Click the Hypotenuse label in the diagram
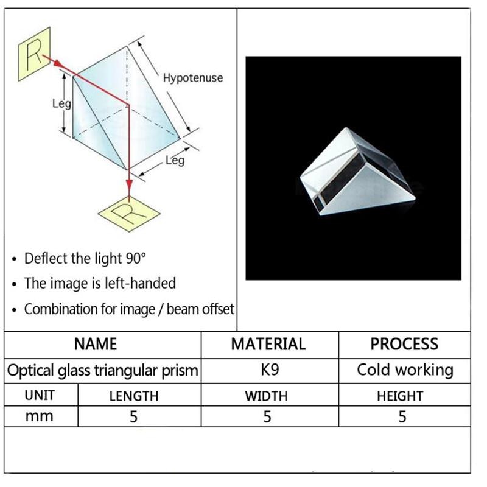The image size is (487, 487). (192, 78)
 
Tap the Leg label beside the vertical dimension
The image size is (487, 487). (61, 103)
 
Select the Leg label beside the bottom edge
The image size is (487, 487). (175, 161)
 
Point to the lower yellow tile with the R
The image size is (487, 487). (129, 214)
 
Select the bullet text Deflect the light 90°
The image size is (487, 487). (85, 258)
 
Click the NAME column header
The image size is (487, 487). (103, 344)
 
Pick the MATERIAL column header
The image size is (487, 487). (268, 344)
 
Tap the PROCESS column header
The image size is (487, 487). (404, 344)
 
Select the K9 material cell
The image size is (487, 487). (268, 370)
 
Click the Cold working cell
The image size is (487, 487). (405, 370)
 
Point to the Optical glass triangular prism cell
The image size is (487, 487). (103, 370)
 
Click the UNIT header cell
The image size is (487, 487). (40, 395)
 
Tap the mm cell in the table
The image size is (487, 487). (40, 416)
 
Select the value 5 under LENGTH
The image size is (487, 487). (134, 417)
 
